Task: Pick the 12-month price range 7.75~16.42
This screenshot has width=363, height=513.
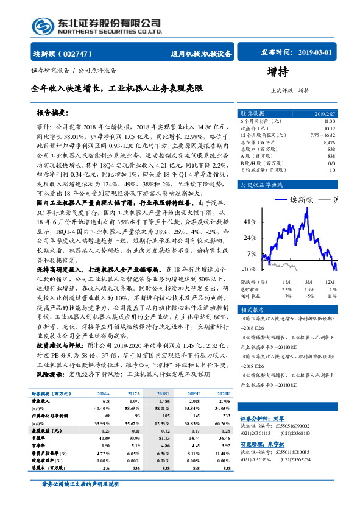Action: [x=323, y=135]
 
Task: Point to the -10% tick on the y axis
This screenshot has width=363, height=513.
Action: [x=248, y=269]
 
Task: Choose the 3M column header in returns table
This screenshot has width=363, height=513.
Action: [x=309, y=282]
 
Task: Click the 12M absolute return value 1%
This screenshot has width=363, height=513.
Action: [x=332, y=289]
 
